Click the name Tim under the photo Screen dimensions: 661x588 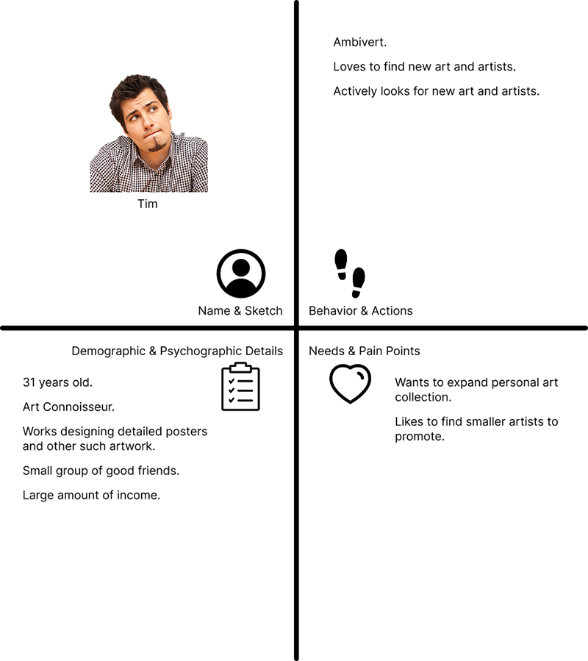click(147, 204)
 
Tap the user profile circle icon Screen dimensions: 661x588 click(240, 274)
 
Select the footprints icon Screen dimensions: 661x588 click(350, 272)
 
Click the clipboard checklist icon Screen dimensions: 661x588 click(240, 387)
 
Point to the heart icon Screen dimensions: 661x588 click(350, 384)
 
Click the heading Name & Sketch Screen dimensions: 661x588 click(240, 311)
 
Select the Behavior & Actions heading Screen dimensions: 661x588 click(360, 311)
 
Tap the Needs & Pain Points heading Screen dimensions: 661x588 click(364, 351)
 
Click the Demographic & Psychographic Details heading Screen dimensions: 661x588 click(176, 351)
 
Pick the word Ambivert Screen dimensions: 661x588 click(359, 43)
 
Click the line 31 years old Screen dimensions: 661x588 click(57, 382)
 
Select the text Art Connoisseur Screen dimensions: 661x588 click(68, 407)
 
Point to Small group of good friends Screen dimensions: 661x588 click(101, 471)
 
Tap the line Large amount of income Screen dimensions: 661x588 click(91, 496)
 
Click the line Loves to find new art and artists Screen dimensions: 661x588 click(424, 67)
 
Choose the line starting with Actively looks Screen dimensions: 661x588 click(436, 91)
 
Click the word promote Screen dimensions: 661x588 click(420, 437)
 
